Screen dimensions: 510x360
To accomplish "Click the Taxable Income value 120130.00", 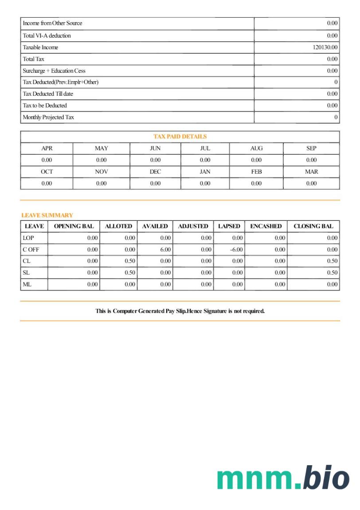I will [x=325, y=47].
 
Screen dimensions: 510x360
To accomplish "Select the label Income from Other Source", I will [x=52, y=23].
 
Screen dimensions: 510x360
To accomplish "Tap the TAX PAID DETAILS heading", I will [x=180, y=137].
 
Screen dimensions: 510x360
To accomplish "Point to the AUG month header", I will [x=256, y=149].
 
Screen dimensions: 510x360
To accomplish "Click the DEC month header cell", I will [x=155, y=172].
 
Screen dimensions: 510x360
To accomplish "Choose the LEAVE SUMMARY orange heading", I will [x=47, y=215].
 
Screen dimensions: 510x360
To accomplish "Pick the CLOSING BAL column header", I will [x=313, y=226].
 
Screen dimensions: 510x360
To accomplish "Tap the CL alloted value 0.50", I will [x=130, y=261].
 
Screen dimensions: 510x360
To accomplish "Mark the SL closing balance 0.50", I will [x=332, y=273].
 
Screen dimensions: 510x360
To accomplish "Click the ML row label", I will [x=27, y=284].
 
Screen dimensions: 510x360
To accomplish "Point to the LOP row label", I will [x=28, y=238].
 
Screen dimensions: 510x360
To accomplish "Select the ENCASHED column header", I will [x=266, y=226].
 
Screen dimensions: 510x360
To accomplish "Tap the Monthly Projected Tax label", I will [x=48, y=118].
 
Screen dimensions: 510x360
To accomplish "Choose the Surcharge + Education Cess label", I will [x=54, y=71].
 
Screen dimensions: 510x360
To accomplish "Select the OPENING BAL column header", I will [x=74, y=226].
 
